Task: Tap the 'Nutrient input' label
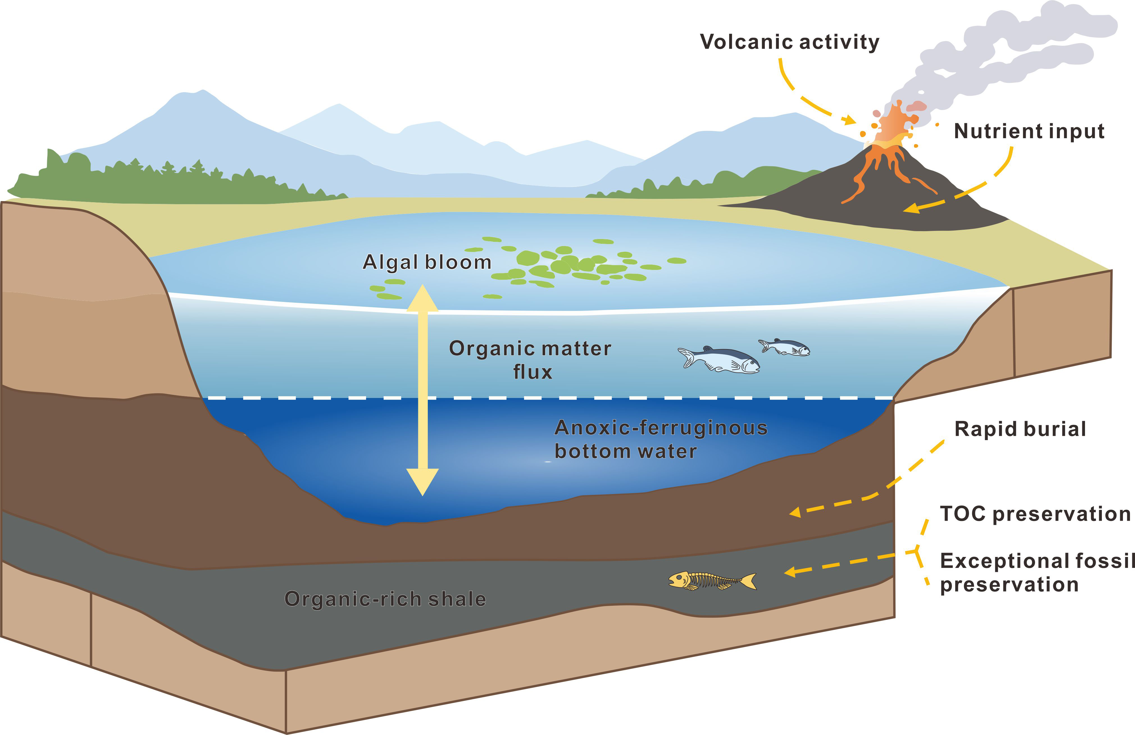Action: point(1029,131)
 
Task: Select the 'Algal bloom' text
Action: point(427,262)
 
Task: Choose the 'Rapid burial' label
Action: point(1020,429)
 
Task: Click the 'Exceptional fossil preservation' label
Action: point(1037,572)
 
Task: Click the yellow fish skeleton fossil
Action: point(712,581)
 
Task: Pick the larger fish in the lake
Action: point(719,359)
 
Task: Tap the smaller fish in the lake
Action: point(784,347)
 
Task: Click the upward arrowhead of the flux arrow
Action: point(422,298)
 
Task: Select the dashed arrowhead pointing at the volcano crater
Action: point(850,119)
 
